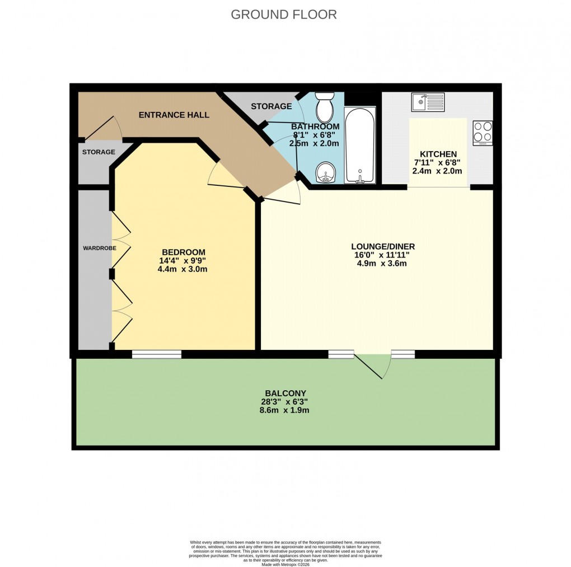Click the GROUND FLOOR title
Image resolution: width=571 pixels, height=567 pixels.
[x=284, y=15]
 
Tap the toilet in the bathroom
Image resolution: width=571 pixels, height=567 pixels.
[x=324, y=108]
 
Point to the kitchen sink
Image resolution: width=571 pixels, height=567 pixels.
[x=427, y=102]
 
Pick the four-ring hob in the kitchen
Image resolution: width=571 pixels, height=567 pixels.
[x=483, y=133]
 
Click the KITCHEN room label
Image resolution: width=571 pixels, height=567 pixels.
[x=438, y=154]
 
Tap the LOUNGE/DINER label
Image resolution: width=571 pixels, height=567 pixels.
[x=383, y=246]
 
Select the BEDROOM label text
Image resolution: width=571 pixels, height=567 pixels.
[x=184, y=252]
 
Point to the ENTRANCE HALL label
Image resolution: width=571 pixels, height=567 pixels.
[x=174, y=115]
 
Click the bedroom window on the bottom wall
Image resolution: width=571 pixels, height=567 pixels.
[x=157, y=354]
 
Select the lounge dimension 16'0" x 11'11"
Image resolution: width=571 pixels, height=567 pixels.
[x=383, y=255]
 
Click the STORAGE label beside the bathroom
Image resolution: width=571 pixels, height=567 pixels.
[x=271, y=106]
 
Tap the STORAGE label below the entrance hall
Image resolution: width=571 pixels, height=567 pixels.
[x=99, y=152]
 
